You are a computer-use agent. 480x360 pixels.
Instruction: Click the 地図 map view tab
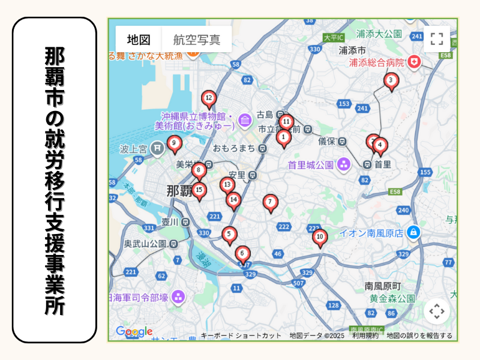pos(139,40)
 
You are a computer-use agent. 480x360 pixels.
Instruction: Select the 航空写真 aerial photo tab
pos(197,40)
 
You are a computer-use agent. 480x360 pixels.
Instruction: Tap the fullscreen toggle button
pos(437,40)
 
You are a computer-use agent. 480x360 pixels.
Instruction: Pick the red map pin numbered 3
pos(391,80)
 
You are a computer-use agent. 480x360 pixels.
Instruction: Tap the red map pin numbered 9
pos(174,143)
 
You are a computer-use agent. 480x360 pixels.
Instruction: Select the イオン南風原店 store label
pos(371,232)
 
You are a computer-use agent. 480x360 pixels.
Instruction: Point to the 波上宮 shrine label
pos(133,148)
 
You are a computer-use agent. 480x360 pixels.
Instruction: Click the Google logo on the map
pos(134,331)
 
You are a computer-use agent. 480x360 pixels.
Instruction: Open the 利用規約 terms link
pos(365,335)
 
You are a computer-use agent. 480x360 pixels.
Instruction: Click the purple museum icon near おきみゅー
pos(244,121)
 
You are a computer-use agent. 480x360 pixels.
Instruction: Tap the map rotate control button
pos(437,311)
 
